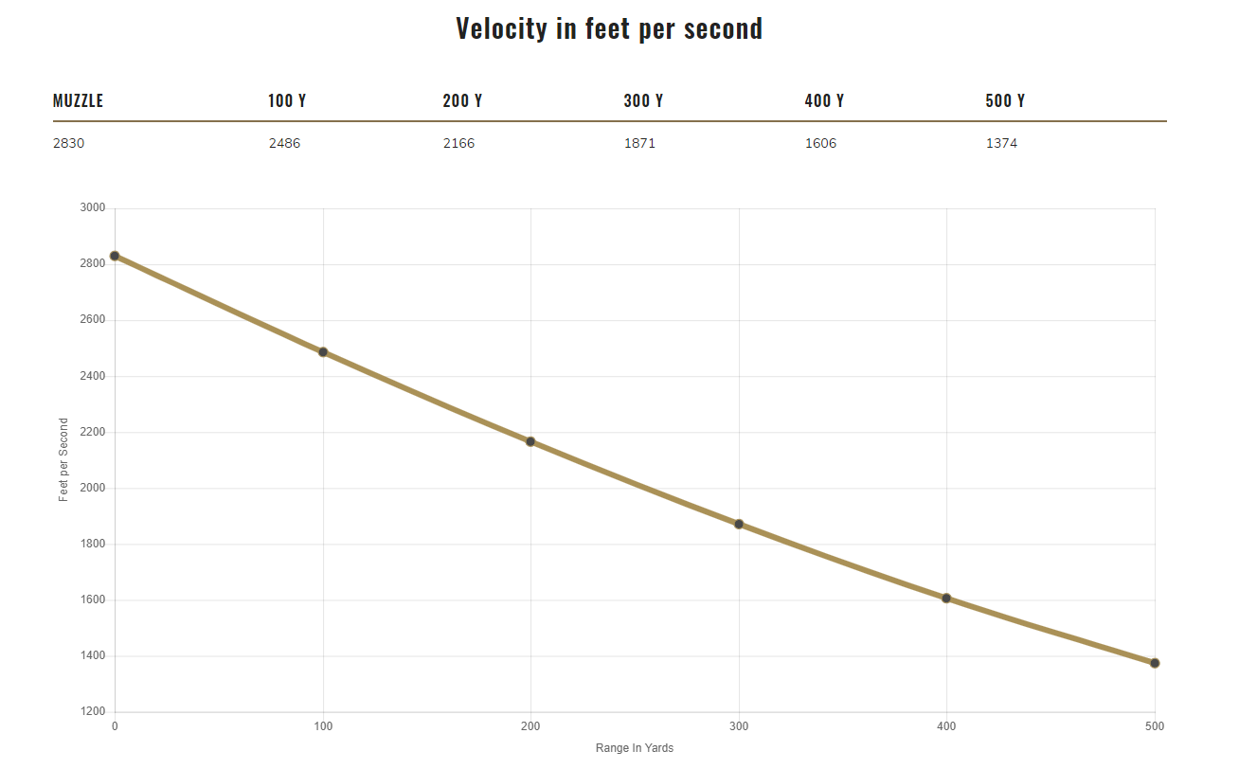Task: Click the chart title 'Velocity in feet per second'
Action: (x=609, y=28)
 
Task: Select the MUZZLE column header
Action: (x=78, y=100)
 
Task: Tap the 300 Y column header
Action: (x=643, y=100)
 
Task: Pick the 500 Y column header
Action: (x=1005, y=100)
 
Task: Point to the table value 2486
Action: (x=284, y=144)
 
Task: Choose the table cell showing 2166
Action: (x=458, y=144)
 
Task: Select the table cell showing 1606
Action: (x=820, y=144)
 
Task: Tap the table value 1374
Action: (x=1001, y=144)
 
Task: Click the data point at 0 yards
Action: (x=115, y=256)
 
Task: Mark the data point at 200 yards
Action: (x=530, y=441)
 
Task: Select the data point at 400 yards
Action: (x=946, y=599)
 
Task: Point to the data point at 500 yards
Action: (x=1155, y=663)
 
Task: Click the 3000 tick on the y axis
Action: (x=93, y=207)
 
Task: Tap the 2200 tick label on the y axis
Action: (x=93, y=432)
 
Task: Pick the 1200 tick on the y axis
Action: (x=93, y=711)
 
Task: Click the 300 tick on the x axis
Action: (x=739, y=726)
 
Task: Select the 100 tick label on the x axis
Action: (x=323, y=726)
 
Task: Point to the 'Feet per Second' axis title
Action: (x=63, y=459)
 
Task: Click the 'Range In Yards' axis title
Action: (x=635, y=748)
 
